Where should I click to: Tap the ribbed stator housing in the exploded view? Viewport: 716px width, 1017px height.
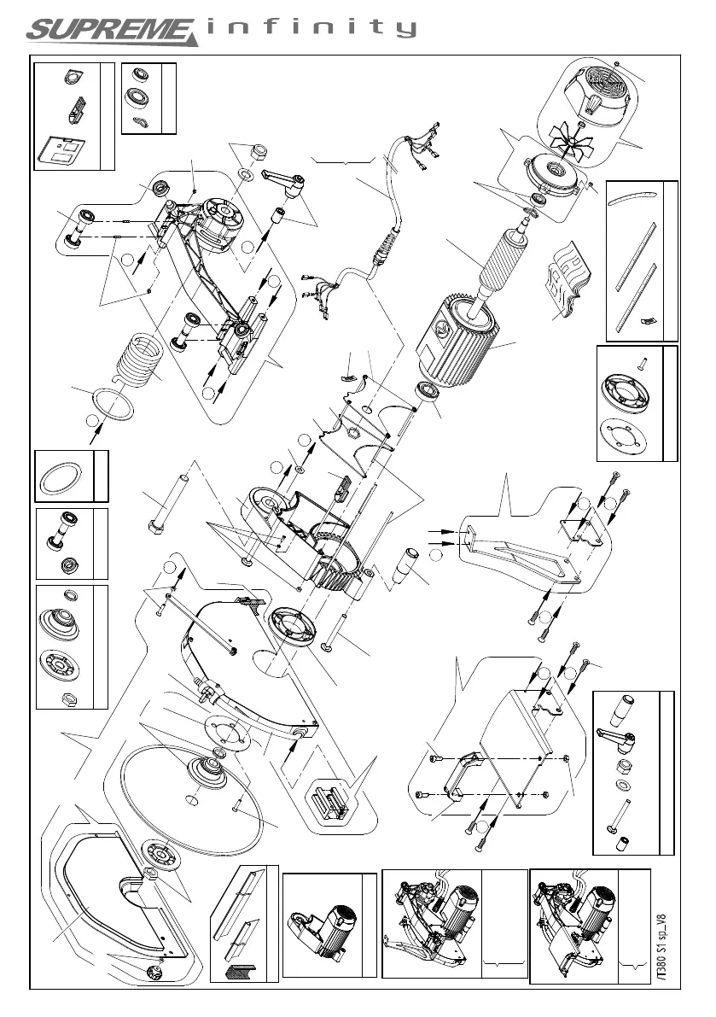[465, 340]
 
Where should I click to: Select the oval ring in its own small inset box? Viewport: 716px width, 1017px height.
[64, 475]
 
